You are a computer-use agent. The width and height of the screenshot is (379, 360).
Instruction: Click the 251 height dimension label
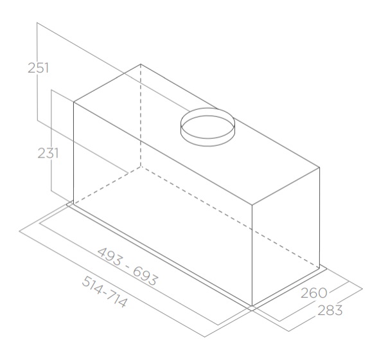pos(38,67)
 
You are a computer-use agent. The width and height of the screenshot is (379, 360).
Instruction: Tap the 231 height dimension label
pos(48,153)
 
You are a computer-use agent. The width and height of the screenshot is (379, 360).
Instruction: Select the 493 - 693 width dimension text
pos(128,266)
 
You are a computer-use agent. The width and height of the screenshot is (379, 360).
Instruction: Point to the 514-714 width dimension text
pos(105,292)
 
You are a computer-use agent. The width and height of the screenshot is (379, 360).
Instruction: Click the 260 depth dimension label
pos(313,293)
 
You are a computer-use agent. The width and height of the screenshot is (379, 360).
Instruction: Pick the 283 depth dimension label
pos(330,310)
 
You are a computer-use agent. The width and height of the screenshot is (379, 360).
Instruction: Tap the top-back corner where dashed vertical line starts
pos(141,64)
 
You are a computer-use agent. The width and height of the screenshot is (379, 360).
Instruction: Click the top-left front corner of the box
pos(74,102)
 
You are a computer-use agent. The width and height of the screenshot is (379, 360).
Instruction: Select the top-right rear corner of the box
pos(319,167)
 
